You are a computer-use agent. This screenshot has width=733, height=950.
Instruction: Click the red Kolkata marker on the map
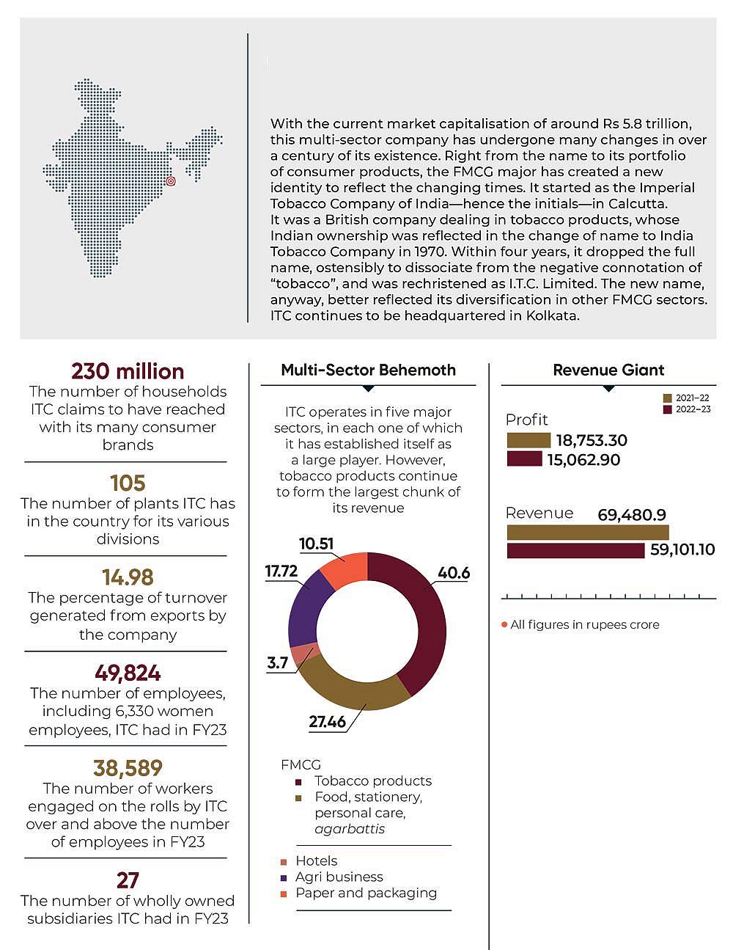[x=170, y=180]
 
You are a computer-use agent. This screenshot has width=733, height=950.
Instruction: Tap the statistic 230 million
[x=128, y=371]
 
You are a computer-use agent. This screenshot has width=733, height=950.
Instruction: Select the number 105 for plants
[x=128, y=483]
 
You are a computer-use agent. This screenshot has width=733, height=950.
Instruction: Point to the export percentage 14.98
[x=128, y=577]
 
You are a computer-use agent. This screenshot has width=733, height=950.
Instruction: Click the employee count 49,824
[x=128, y=673]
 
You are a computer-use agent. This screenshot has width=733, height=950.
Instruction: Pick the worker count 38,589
[x=128, y=768]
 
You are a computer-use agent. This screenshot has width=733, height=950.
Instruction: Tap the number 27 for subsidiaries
[x=128, y=880]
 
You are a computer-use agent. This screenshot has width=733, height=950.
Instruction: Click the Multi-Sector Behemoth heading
[x=368, y=370]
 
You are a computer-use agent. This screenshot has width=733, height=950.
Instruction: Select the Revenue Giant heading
[x=608, y=370]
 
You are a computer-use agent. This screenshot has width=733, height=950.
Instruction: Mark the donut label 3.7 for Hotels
[x=277, y=663]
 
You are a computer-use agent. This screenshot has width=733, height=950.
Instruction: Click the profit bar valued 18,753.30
[x=528, y=440]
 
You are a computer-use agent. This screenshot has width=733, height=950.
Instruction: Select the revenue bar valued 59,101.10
[x=575, y=550]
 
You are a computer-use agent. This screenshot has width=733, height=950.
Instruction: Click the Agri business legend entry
[x=339, y=877]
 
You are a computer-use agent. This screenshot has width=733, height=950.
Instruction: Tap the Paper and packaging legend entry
[x=365, y=894]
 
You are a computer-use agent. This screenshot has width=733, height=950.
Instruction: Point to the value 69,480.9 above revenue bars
[x=631, y=515]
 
